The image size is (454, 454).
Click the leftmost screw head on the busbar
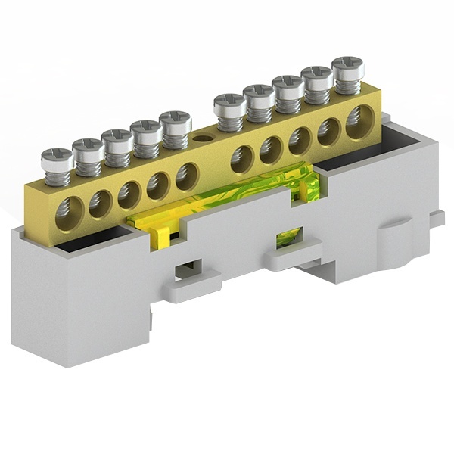point(58,159)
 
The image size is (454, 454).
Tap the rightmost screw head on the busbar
point(348,68)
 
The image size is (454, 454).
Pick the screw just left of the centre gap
point(176,122)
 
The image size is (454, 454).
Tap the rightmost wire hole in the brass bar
point(359,121)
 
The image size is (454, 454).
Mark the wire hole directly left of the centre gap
point(186,176)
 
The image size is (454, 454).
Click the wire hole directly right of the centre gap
point(242,159)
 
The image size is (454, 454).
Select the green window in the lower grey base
point(288,238)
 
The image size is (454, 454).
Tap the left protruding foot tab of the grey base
point(193,288)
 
